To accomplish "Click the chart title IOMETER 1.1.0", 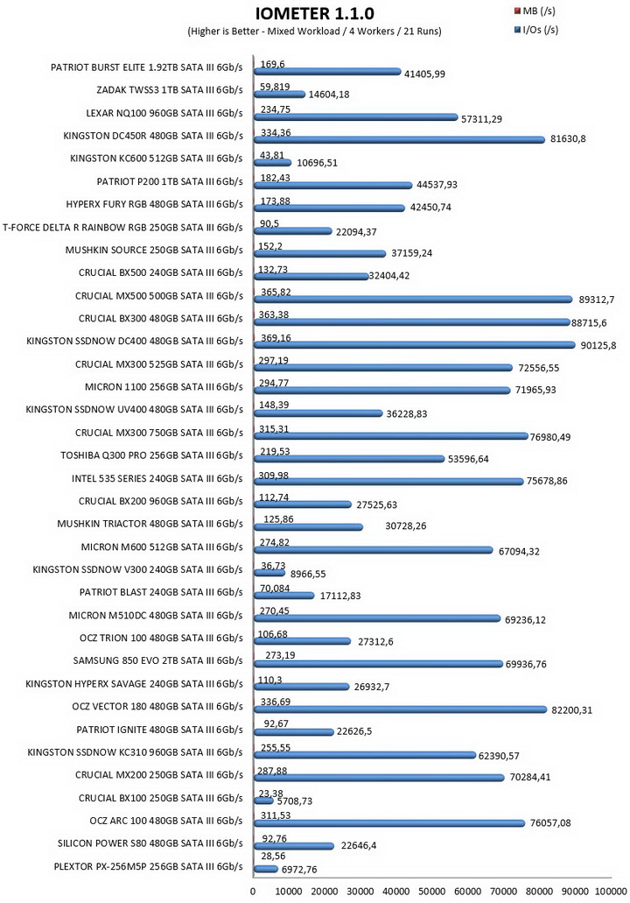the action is (315, 14).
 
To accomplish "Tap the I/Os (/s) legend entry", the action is (536, 30).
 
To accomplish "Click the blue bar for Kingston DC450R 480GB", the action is (399, 140).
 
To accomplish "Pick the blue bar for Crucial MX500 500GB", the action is (413, 300).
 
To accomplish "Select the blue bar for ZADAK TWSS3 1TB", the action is (280, 95).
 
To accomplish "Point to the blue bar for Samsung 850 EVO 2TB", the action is (378, 664).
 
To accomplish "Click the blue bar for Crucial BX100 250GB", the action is (263, 801).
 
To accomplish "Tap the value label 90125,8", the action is (598, 346).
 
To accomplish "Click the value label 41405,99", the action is (424, 74).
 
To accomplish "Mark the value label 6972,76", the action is (299, 870).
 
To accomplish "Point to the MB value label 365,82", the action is (276, 292).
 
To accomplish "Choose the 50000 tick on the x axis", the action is (431, 892).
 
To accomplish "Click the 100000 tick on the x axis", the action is (611, 892).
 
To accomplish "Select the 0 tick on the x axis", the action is (253, 892).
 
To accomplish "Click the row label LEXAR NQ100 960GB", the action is (164, 114).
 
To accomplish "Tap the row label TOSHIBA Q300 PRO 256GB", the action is (152, 455).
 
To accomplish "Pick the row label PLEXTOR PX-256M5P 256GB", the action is (149, 867).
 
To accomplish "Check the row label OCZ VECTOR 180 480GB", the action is (157, 707).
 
